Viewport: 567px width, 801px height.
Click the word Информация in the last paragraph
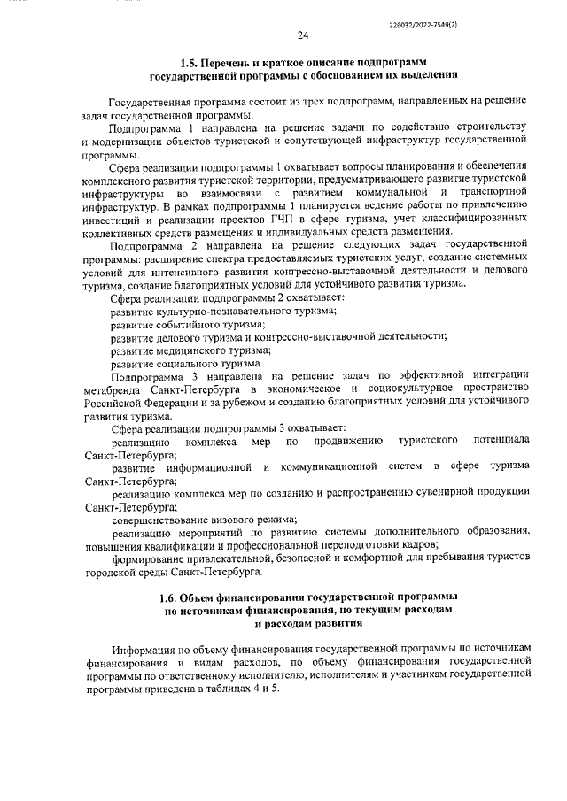tap(144, 650)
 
